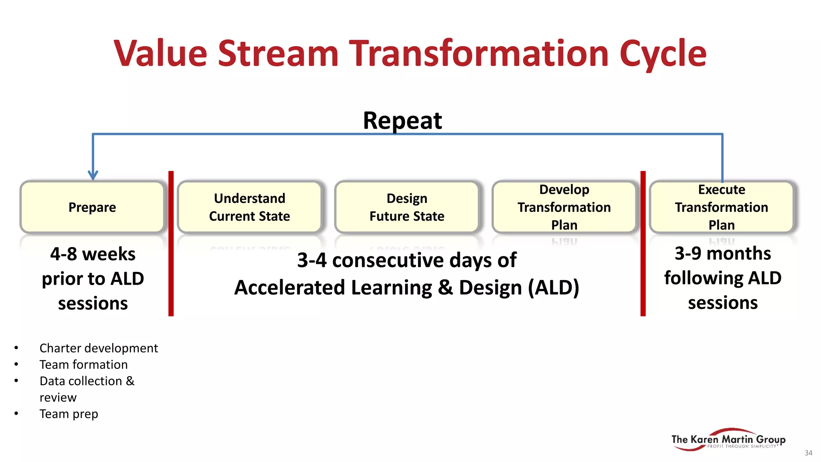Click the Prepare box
(92, 207)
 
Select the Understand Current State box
(249, 207)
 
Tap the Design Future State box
(406, 207)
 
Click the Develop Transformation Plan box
(564, 207)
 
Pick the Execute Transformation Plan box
(721, 207)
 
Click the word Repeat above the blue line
(402, 120)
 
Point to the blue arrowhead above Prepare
(93, 175)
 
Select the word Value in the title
(160, 54)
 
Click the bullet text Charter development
(99, 348)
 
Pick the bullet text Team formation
(83, 365)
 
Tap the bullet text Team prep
(69, 414)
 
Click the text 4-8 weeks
(93, 254)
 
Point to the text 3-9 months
(723, 253)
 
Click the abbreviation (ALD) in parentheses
(554, 288)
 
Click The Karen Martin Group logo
(728, 440)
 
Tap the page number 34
(808, 453)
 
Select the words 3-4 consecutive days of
(406, 260)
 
